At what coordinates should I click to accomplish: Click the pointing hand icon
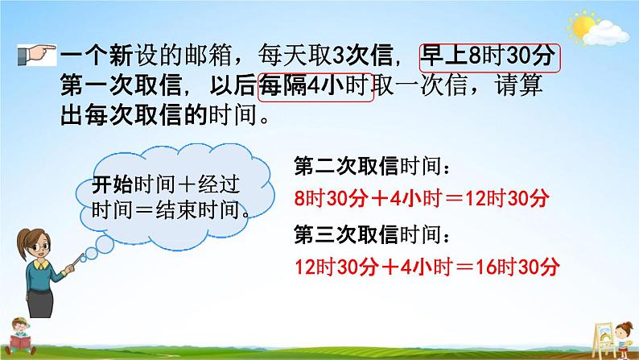click(35, 57)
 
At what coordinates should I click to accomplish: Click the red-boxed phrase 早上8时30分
click(489, 59)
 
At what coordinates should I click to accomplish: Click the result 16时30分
click(519, 266)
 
